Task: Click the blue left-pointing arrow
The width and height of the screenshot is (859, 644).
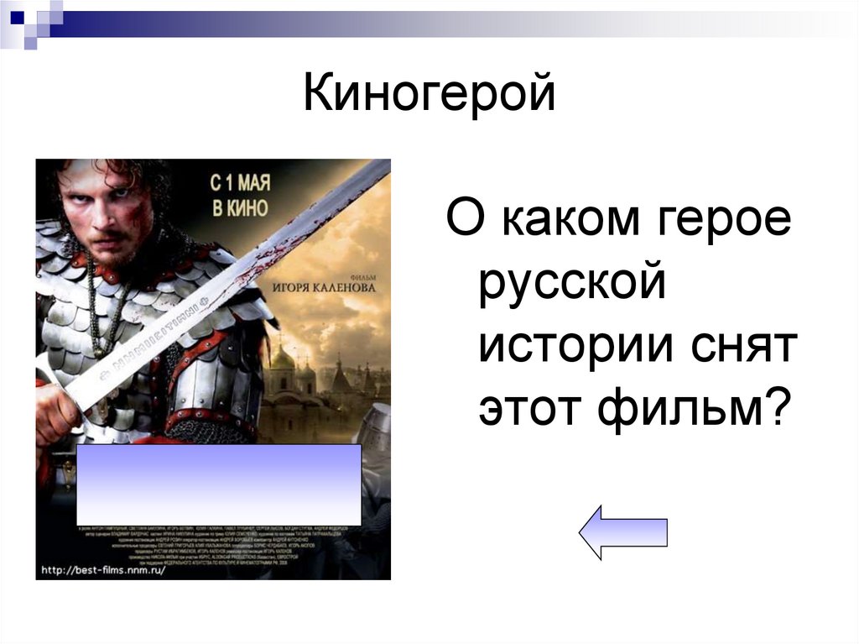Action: coord(622,531)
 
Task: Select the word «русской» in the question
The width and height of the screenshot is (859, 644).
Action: coord(572,285)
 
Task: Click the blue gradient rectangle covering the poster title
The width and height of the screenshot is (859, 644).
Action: coord(219,484)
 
